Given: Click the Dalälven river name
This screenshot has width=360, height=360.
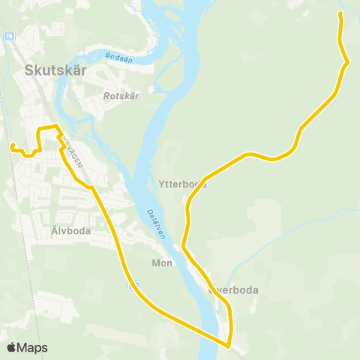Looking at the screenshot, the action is coord(154,223).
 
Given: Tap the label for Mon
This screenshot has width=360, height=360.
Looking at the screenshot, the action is coord(162,263).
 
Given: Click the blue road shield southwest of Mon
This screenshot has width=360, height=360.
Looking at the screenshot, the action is coord(134,286).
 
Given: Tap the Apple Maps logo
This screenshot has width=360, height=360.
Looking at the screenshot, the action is coord(26,347).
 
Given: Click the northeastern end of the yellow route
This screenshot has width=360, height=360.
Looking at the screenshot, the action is coord(340,13).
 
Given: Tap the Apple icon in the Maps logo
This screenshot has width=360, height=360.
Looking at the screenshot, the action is coord(11,347).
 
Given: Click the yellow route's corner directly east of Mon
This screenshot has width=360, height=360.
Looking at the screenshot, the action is coord(183,247).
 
